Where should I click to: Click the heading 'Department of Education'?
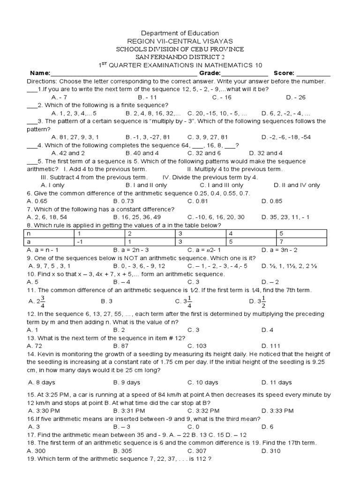point(180,33)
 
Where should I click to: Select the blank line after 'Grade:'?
point(244,74)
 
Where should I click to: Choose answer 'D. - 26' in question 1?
point(295,97)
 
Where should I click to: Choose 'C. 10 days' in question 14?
point(202,382)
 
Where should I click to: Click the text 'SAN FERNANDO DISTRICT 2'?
point(180,57)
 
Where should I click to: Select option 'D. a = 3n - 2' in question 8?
point(281,250)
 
